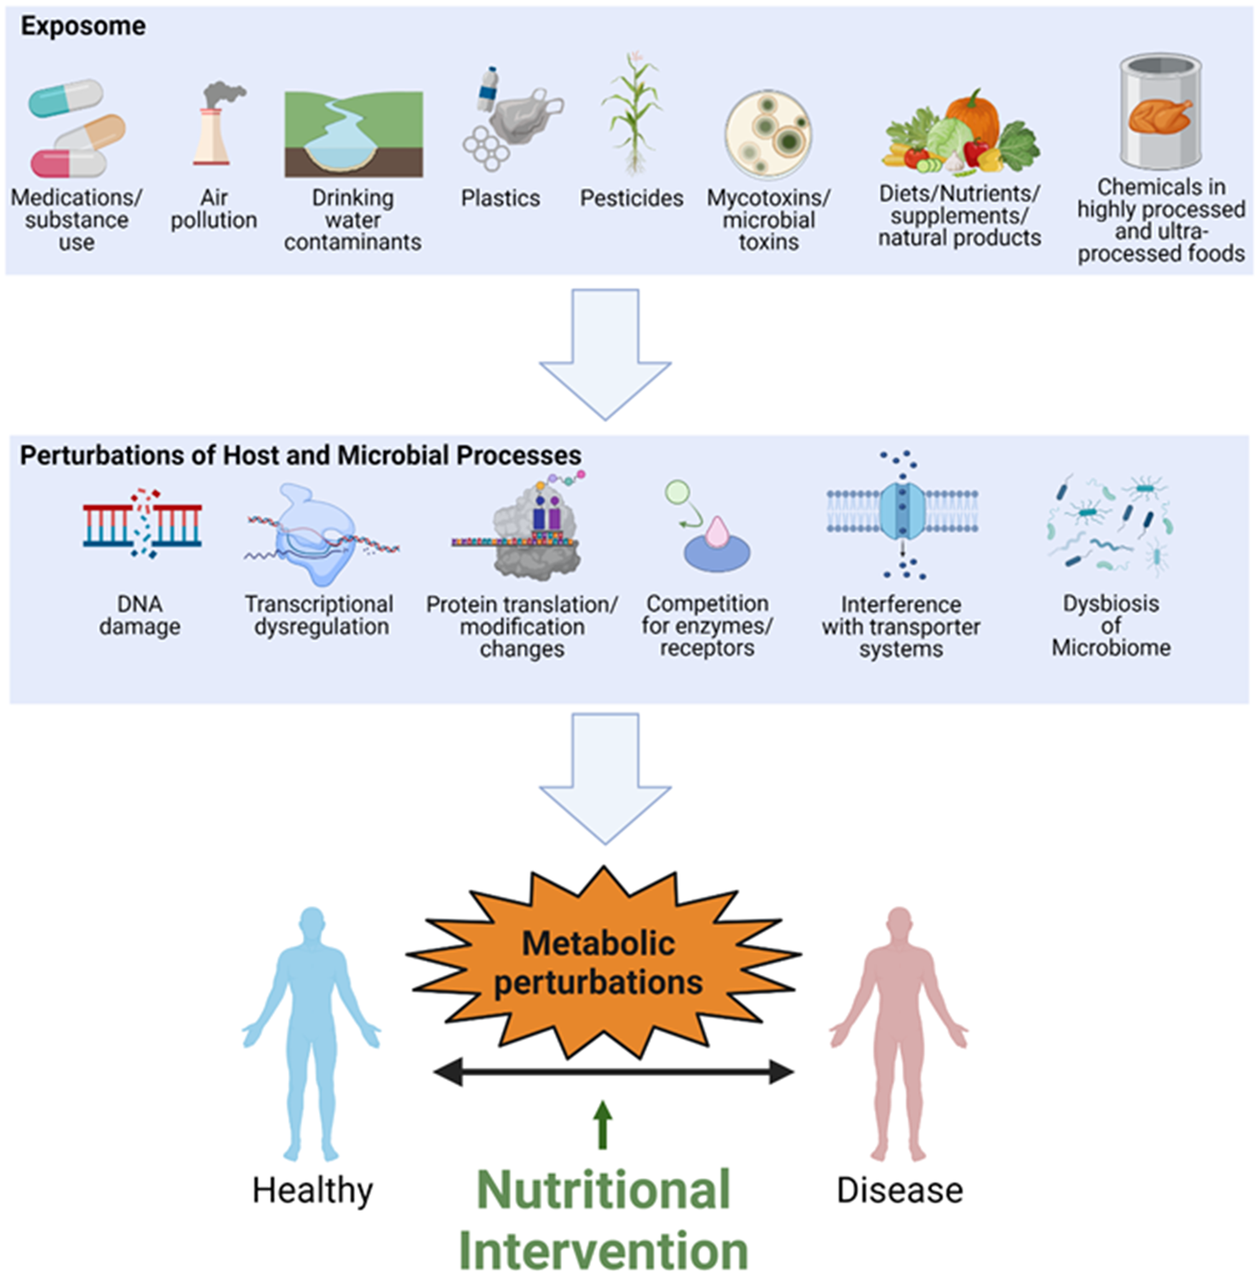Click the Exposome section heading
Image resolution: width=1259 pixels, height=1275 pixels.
click(x=83, y=27)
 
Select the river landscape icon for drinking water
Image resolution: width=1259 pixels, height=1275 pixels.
click(x=353, y=134)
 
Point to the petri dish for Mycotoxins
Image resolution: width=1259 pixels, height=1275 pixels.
click(x=768, y=135)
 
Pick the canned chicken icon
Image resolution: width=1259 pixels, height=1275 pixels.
click(x=1160, y=112)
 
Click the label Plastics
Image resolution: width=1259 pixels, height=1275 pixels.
click(x=500, y=198)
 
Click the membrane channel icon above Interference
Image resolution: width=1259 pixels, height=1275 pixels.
click(x=902, y=512)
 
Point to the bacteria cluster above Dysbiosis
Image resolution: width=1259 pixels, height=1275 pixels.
click(x=1110, y=526)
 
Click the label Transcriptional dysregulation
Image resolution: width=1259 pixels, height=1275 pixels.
click(x=319, y=615)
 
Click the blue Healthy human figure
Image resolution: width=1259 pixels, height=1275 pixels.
click(x=312, y=1029)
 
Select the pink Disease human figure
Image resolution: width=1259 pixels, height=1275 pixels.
click(x=899, y=1029)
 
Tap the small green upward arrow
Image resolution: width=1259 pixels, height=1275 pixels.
click(x=603, y=1125)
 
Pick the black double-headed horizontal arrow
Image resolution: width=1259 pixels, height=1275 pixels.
click(x=613, y=1072)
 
